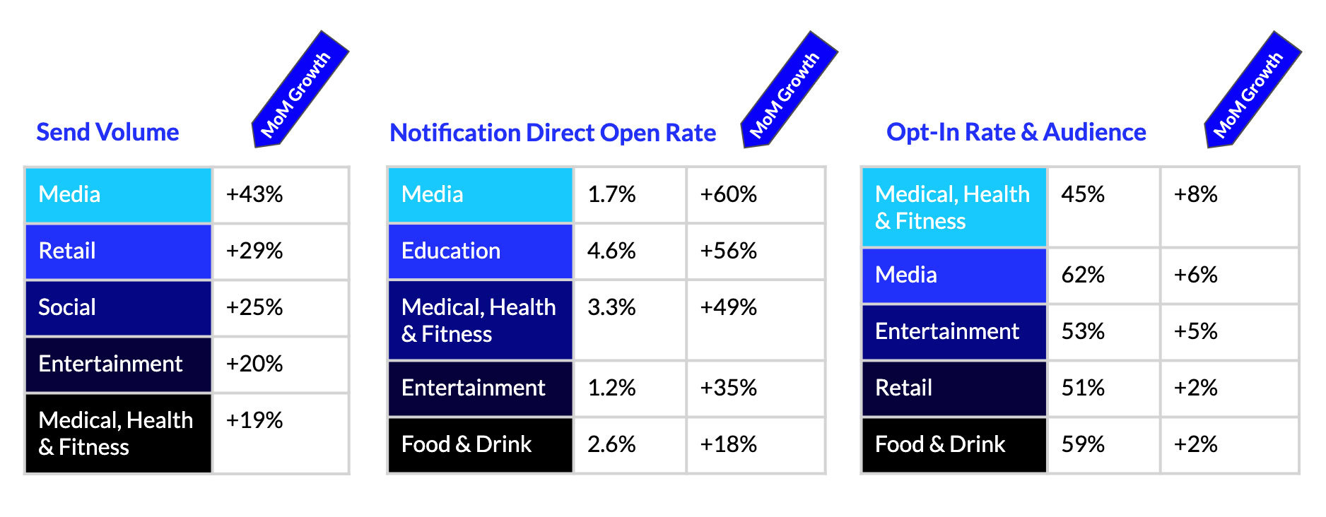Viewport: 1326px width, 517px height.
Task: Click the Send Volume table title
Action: coord(107,132)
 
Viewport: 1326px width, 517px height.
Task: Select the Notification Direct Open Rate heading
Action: coord(553,133)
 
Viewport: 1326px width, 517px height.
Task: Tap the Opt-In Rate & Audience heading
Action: coord(1016,132)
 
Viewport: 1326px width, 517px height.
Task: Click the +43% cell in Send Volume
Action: coord(254,194)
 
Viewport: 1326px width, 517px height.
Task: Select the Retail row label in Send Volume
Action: coord(67,251)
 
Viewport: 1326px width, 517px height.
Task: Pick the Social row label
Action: coord(67,307)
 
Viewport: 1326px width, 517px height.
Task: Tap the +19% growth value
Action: coord(254,420)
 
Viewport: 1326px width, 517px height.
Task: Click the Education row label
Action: coord(451,251)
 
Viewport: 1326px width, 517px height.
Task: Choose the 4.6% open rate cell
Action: coord(611,251)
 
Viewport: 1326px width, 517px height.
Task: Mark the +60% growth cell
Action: coord(729,194)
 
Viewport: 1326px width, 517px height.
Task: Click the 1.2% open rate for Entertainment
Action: coord(611,388)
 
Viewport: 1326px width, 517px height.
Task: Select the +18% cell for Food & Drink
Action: coord(729,444)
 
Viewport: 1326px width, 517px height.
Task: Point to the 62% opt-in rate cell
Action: coord(1083,275)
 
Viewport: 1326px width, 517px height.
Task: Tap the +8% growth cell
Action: coord(1196,194)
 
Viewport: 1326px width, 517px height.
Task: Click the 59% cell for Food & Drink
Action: coord(1083,444)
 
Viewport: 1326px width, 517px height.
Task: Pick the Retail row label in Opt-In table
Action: coord(903,388)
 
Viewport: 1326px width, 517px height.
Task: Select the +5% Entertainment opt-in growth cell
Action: coord(1196,331)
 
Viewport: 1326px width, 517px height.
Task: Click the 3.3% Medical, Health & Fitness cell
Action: coord(611,307)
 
